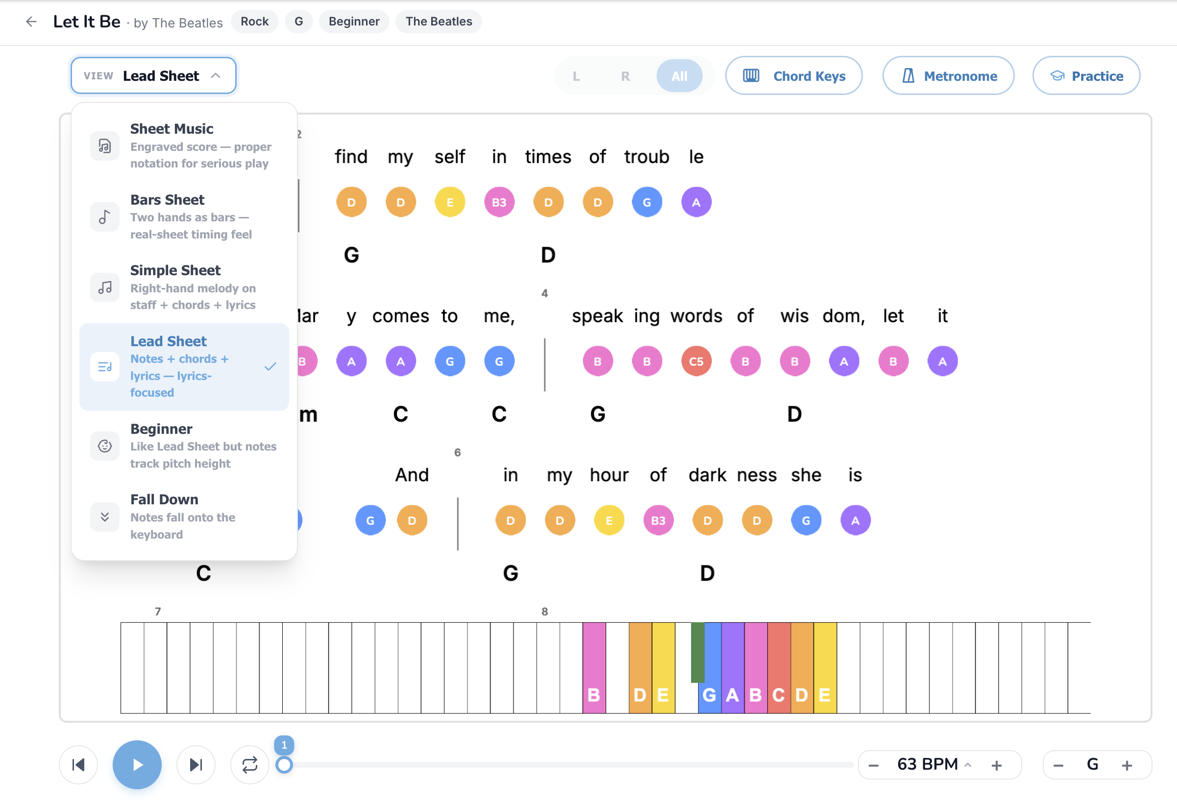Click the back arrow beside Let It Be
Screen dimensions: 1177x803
click(x=31, y=21)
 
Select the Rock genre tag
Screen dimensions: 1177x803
click(x=254, y=21)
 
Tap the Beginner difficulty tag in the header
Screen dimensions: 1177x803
click(x=354, y=21)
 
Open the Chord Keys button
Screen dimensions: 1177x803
click(x=794, y=76)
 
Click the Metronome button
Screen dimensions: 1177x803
click(x=948, y=76)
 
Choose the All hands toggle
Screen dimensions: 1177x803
click(x=679, y=76)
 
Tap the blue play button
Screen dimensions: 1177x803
click(x=137, y=764)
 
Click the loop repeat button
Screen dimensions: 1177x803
click(x=250, y=764)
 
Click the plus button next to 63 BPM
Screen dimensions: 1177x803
click(x=996, y=765)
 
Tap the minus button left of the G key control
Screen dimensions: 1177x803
click(x=1058, y=765)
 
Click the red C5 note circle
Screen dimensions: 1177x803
click(x=696, y=361)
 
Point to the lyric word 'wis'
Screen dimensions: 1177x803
click(x=794, y=316)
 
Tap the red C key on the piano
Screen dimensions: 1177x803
click(x=779, y=667)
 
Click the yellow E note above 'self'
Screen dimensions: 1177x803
click(x=450, y=202)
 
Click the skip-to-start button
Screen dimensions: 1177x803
click(x=78, y=764)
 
